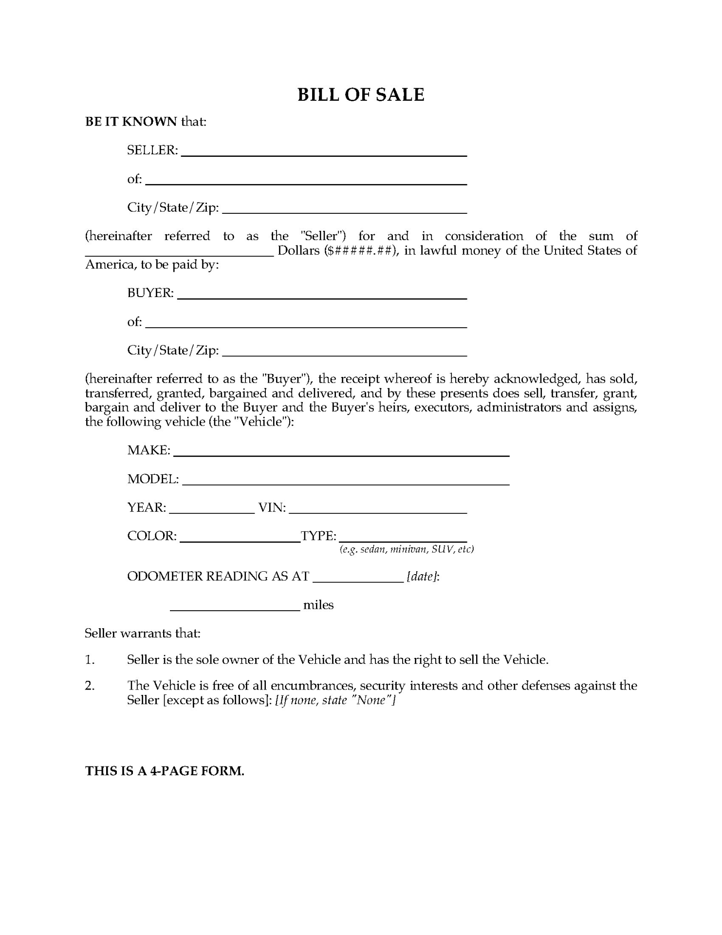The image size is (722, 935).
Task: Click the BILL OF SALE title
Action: [x=361, y=94]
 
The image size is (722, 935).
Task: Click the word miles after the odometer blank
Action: [x=318, y=605]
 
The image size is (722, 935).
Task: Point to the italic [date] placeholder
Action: [x=423, y=577]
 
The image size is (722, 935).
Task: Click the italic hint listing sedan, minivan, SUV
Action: [x=407, y=549]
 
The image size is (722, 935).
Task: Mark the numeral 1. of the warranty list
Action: [x=90, y=660]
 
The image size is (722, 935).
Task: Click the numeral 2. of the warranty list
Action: [x=90, y=686]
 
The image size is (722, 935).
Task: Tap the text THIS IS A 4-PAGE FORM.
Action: [x=165, y=771]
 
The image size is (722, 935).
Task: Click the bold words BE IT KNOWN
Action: [x=131, y=121]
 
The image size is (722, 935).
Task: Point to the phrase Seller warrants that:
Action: [x=142, y=634]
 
